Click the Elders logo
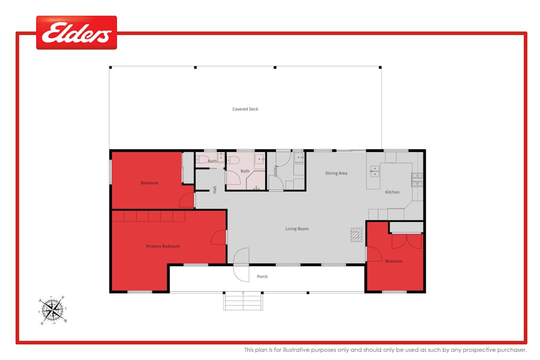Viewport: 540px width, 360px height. (x=76, y=33)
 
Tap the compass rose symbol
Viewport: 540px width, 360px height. (x=52, y=309)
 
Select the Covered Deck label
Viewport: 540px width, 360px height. (x=245, y=109)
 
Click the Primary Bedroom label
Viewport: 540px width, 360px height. (x=163, y=246)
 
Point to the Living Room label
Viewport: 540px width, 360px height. (x=297, y=229)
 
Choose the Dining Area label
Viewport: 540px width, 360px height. (x=336, y=173)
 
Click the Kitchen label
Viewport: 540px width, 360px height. (x=392, y=192)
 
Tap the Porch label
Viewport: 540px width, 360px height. (x=262, y=277)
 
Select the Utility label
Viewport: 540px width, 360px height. (x=275, y=171)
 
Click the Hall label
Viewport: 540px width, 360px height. (x=215, y=189)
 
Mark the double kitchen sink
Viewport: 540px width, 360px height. (x=375, y=171)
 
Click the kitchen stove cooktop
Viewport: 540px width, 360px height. (x=417, y=180)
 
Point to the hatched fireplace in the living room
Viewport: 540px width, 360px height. (x=356, y=235)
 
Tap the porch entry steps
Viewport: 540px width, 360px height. (x=243, y=301)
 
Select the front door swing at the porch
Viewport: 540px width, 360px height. (x=241, y=265)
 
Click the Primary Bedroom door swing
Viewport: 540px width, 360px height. (x=219, y=238)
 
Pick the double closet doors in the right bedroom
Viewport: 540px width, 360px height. (x=407, y=241)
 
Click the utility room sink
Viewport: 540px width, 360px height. (x=298, y=158)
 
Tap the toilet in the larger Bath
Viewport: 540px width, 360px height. (x=233, y=160)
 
